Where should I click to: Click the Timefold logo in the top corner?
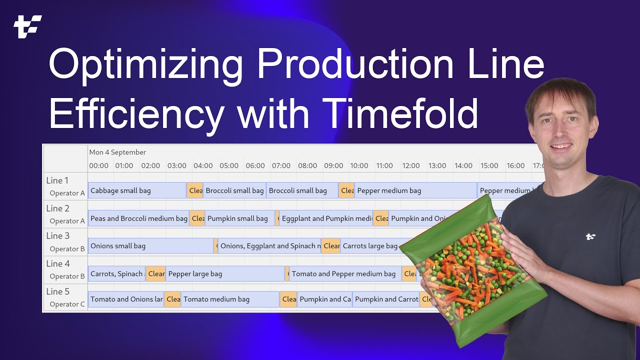[27, 26]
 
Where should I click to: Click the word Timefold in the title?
[400, 113]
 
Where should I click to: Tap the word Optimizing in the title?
[145, 65]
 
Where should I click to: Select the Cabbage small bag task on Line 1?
[136, 190]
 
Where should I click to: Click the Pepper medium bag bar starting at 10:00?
[415, 190]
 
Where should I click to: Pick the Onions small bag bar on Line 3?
[150, 246]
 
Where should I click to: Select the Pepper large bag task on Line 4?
[224, 274]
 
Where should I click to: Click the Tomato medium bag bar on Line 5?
[229, 299]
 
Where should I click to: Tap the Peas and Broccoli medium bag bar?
[138, 218]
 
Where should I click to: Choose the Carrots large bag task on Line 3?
[370, 246]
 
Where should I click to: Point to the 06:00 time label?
[255, 165]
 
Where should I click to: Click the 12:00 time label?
[411, 165]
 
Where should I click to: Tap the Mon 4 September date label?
[117, 152]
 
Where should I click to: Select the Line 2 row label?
[58, 208]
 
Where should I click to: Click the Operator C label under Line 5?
[67, 304]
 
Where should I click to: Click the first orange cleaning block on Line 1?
[195, 190]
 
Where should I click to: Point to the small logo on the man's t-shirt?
[590, 236]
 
